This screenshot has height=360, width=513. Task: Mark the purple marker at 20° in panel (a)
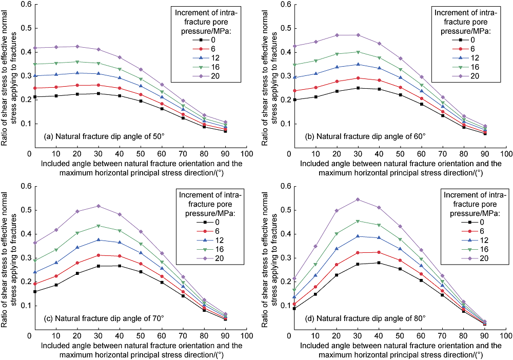coord(76,46)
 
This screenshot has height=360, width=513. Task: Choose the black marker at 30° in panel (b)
coord(358,88)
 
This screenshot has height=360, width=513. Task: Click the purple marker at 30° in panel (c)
coord(98,206)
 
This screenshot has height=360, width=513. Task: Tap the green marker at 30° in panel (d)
coord(358,221)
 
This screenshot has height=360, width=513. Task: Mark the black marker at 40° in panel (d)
coord(379,263)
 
